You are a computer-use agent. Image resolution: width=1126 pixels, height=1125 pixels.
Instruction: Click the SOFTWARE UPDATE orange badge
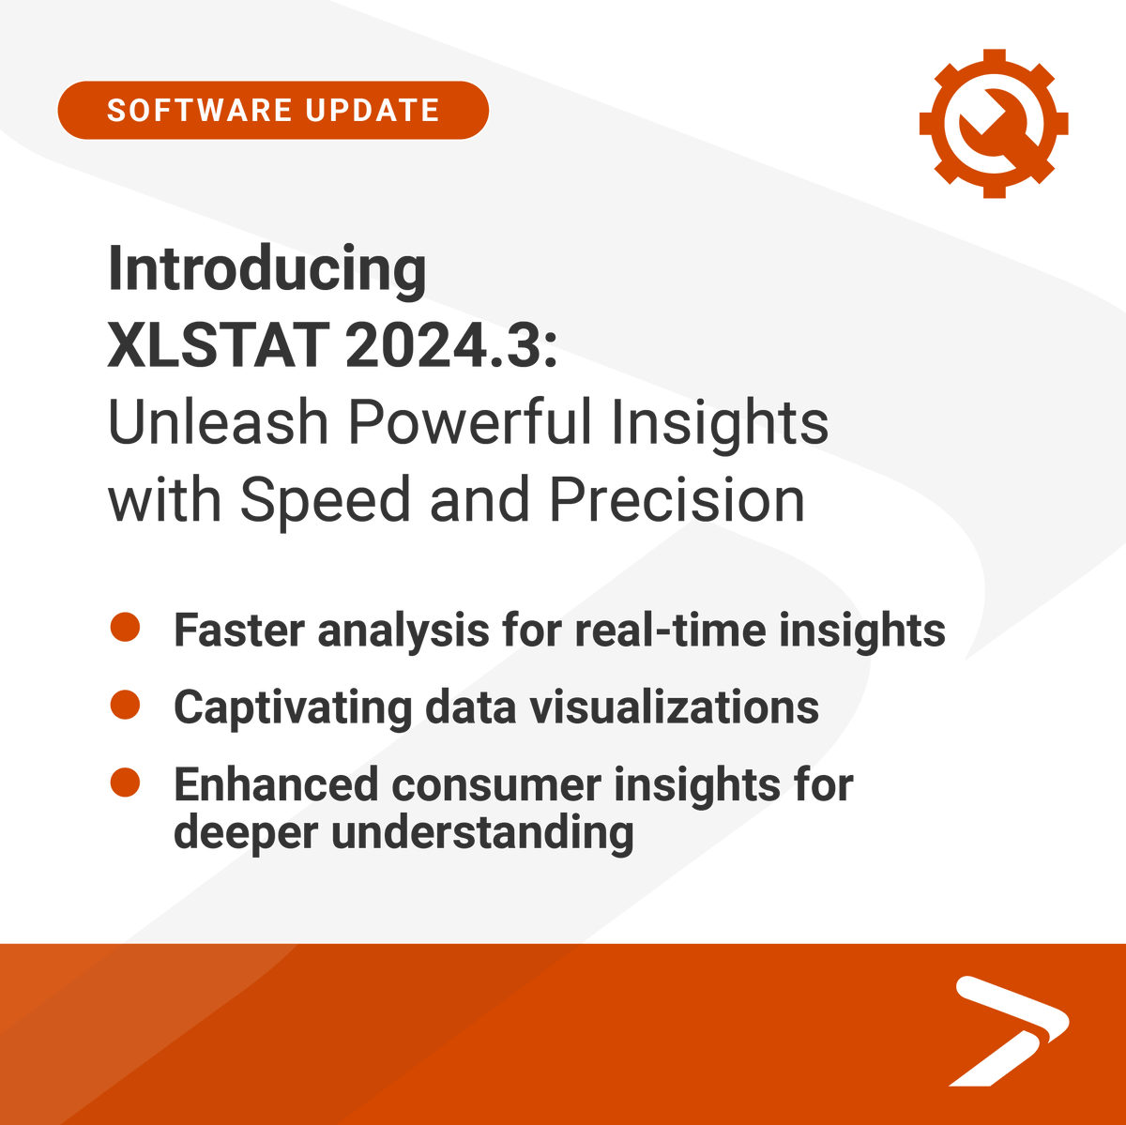pyautogui.click(x=272, y=111)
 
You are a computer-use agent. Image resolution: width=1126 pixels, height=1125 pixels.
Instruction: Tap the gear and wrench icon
pyautogui.click(x=993, y=124)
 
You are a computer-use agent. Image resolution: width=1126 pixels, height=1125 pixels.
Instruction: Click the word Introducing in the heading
pyautogui.click(x=267, y=270)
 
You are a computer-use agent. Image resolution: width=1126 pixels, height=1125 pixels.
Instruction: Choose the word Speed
pyautogui.click(x=325, y=500)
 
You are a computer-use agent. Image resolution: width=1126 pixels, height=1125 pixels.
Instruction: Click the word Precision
pyautogui.click(x=677, y=500)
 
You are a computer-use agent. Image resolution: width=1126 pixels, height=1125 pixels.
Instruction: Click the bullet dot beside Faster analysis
pyautogui.click(x=125, y=628)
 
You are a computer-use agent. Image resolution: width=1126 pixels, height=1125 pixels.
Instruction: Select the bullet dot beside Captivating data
pyautogui.click(x=125, y=705)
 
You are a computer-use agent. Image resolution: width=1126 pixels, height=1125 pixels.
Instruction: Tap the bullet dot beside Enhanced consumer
pyautogui.click(x=125, y=783)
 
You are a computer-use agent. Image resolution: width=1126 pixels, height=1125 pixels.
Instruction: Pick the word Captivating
pyautogui.click(x=292, y=707)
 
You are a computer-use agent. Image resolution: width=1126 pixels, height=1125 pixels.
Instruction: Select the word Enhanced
pyautogui.click(x=275, y=784)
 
